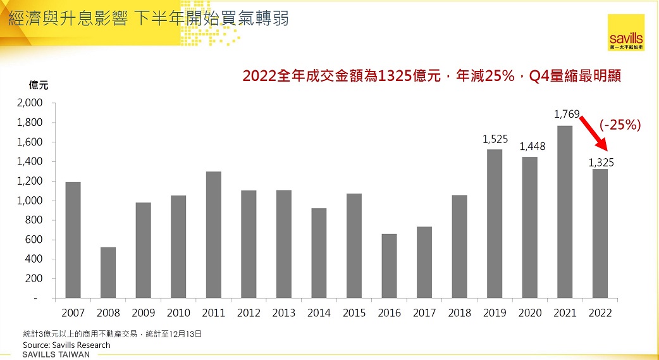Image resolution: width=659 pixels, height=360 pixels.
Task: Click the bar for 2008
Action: (108, 273)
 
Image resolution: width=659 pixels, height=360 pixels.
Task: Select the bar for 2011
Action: (213, 235)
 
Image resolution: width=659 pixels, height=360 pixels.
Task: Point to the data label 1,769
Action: (566, 115)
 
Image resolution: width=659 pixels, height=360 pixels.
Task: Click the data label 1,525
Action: (495, 139)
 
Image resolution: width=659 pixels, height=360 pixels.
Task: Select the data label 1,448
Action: (532, 147)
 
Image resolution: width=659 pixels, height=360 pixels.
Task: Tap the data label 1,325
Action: (601, 163)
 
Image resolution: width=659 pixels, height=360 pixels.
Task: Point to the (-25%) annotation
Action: (620, 125)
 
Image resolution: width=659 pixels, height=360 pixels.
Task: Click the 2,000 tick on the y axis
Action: (30, 103)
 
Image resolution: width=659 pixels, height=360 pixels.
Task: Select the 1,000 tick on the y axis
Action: (30, 201)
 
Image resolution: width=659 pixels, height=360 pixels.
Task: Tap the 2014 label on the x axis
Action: (319, 313)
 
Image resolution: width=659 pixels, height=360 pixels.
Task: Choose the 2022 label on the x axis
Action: (600, 313)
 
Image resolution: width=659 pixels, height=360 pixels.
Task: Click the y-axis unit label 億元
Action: (38, 85)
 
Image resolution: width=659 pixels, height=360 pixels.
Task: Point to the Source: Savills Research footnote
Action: (66, 345)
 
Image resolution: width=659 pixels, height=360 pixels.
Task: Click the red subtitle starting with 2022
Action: (432, 77)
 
